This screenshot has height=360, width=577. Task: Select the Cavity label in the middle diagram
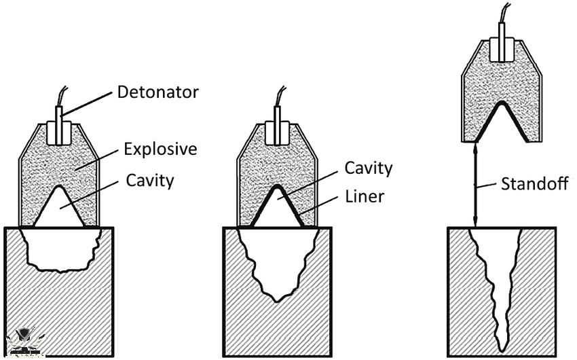(369, 167)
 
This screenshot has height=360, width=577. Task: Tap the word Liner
(365, 197)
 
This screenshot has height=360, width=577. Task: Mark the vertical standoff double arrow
(474, 183)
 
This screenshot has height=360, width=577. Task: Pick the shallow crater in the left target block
(60, 248)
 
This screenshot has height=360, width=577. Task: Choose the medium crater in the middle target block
(278, 265)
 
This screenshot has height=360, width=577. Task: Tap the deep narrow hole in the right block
(500, 285)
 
